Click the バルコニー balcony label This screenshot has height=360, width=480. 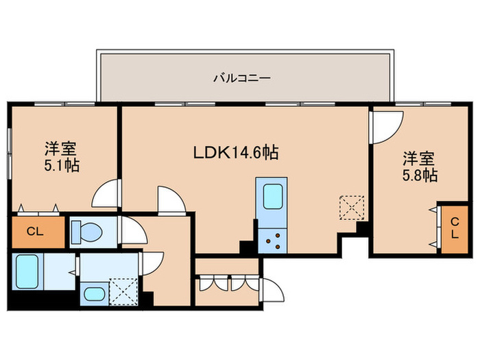click(241, 78)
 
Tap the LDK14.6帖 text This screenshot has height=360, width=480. click(236, 152)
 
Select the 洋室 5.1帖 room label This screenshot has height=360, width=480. click(62, 157)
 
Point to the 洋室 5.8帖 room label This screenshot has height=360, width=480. click(420, 167)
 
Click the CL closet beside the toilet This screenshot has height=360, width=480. click(38, 232)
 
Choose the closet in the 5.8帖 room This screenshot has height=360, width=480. click(455, 229)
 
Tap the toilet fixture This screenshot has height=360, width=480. click(86, 232)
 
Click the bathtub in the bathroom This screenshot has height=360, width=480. click(27, 272)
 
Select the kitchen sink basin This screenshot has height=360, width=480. click(272, 197)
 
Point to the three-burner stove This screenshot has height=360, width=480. click(272, 241)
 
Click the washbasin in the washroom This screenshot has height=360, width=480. click(94, 294)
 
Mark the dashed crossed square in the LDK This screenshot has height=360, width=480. click(352, 208)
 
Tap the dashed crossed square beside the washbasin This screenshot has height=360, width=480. click(123, 291)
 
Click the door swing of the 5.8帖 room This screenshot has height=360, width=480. click(386, 128)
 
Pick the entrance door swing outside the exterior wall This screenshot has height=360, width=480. click(272, 290)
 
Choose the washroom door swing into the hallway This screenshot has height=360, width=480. click(152, 263)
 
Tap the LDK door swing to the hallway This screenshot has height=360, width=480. click(171, 200)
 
